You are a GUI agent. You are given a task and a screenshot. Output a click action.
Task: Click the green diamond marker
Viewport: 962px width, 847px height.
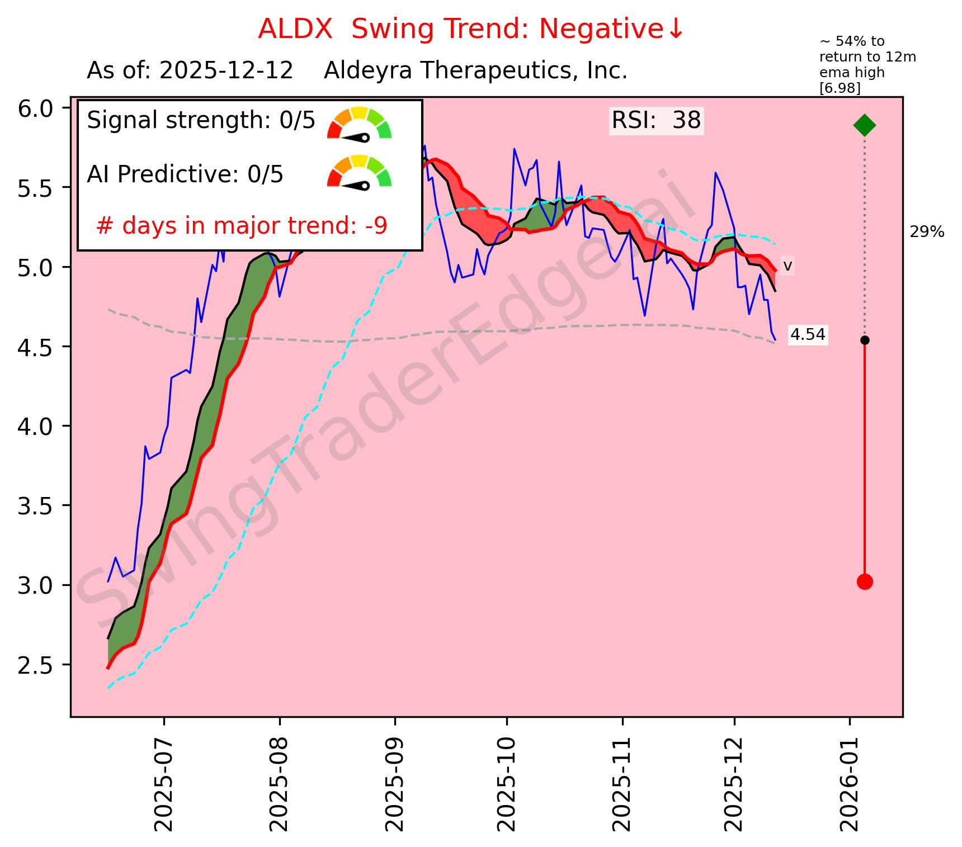pyautogui.click(x=864, y=125)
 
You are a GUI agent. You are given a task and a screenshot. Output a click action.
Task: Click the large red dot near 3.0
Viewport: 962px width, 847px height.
pyautogui.click(x=864, y=582)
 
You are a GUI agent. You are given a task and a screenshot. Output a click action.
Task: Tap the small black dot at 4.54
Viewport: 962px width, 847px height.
pyautogui.click(x=865, y=340)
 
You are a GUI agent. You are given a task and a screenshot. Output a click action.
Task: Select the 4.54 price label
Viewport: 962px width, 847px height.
pyautogui.click(x=808, y=335)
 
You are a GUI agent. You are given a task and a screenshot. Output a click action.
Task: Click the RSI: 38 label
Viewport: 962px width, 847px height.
pyautogui.click(x=656, y=121)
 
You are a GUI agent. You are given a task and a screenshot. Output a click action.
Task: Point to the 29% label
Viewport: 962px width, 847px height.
pyautogui.click(x=927, y=232)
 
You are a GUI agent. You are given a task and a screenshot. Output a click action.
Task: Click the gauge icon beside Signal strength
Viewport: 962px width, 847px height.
pyautogui.click(x=359, y=123)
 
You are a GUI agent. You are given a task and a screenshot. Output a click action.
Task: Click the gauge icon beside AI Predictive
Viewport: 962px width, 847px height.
pyautogui.click(x=359, y=172)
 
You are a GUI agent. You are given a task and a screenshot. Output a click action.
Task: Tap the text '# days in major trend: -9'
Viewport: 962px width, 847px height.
pyautogui.click(x=242, y=226)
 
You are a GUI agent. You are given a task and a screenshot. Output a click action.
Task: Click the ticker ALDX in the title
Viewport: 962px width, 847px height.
pyautogui.click(x=295, y=29)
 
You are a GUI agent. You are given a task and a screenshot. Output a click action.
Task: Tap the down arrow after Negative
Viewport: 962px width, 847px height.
pyautogui.click(x=675, y=29)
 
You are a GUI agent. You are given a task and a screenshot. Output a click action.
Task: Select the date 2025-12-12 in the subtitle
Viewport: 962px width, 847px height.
pyautogui.click(x=226, y=71)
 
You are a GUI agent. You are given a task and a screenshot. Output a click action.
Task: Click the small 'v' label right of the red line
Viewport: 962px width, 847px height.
pyautogui.click(x=787, y=266)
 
